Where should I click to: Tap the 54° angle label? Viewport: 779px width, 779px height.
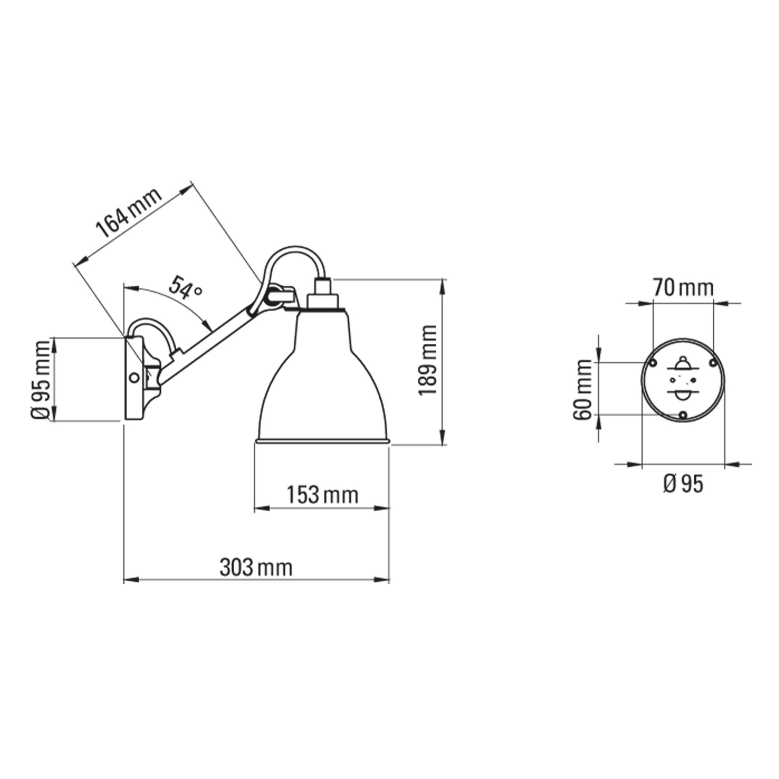pyautogui.click(x=185, y=288)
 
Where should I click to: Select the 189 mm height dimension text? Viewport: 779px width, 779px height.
pyautogui.click(x=428, y=361)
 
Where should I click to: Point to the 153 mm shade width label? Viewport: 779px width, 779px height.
pyautogui.click(x=322, y=495)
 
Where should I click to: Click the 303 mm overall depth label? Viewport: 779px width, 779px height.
pyautogui.click(x=256, y=568)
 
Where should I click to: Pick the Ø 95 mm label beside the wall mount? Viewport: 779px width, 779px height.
pyautogui.click(x=40, y=380)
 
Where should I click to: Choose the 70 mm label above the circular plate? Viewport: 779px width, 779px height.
pyautogui.click(x=683, y=288)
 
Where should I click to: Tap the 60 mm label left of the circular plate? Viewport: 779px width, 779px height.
pyautogui.click(x=582, y=389)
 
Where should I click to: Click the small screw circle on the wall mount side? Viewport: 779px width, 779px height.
pyautogui.click(x=134, y=377)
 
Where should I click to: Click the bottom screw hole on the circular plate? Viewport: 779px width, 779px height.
pyautogui.click(x=683, y=415)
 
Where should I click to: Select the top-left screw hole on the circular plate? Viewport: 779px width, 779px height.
pyautogui.click(x=653, y=362)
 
